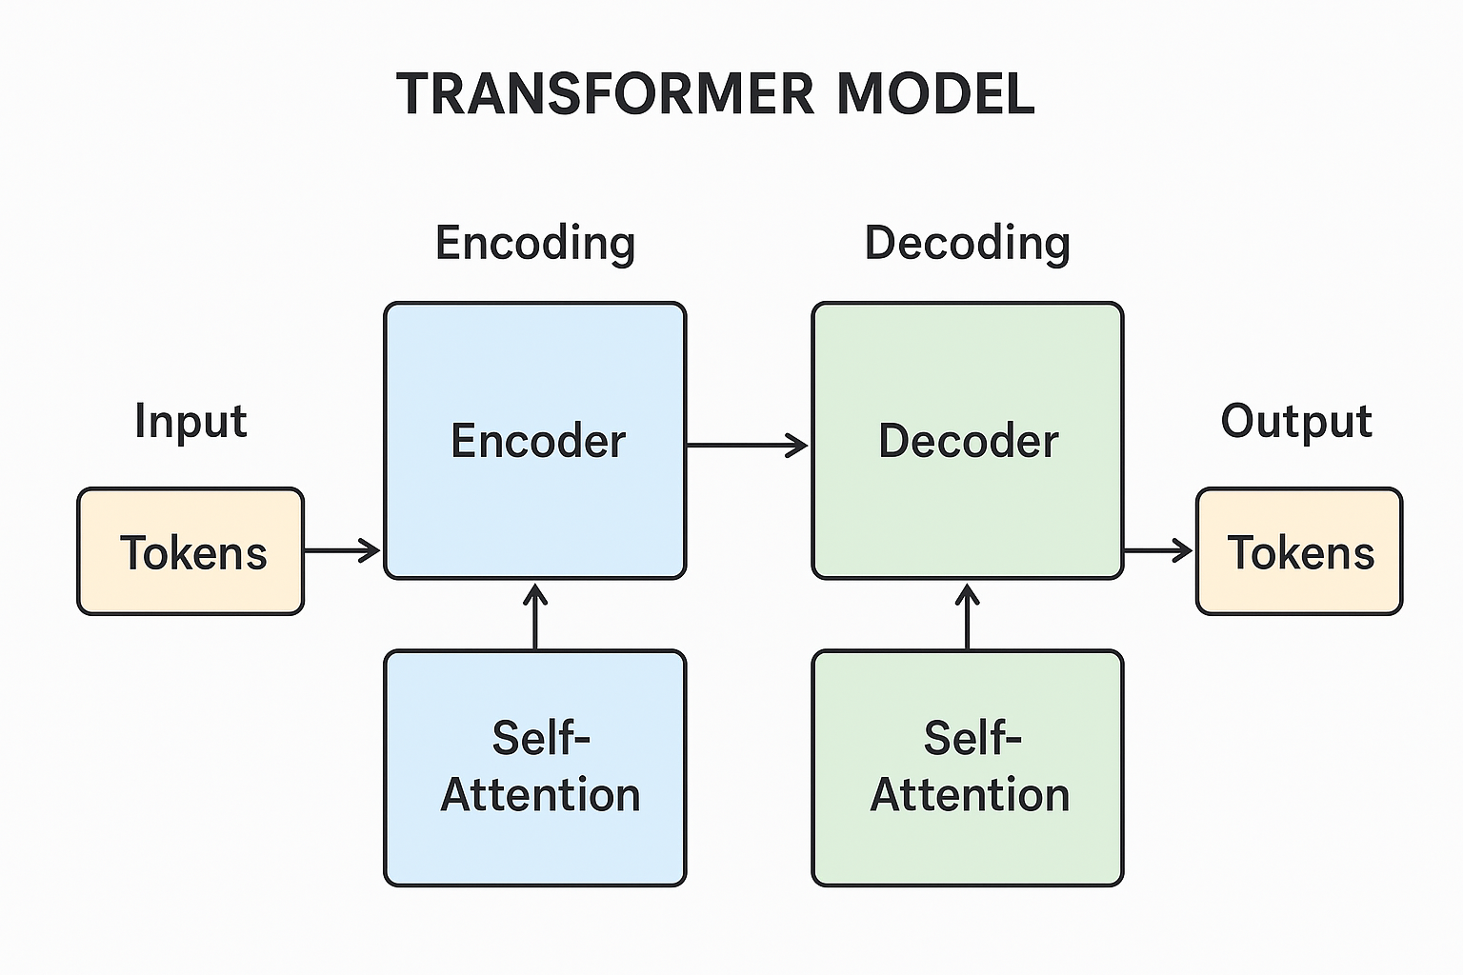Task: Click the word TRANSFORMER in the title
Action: [606, 93]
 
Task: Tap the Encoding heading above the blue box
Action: [535, 243]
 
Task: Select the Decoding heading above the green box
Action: [967, 243]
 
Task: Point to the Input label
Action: [190, 421]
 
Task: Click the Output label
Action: [1296, 421]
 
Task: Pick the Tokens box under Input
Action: [190, 551]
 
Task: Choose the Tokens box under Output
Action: [1299, 551]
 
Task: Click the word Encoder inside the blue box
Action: [538, 441]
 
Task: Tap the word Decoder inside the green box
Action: [968, 441]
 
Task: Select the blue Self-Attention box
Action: [535, 767]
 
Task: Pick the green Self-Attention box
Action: [968, 767]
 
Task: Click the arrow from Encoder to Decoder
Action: [747, 445]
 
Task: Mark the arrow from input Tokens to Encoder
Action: [342, 550]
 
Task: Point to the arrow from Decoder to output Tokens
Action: [1158, 550]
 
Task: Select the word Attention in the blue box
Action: [540, 795]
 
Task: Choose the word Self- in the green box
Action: [972, 738]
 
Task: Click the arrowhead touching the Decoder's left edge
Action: [798, 445]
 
